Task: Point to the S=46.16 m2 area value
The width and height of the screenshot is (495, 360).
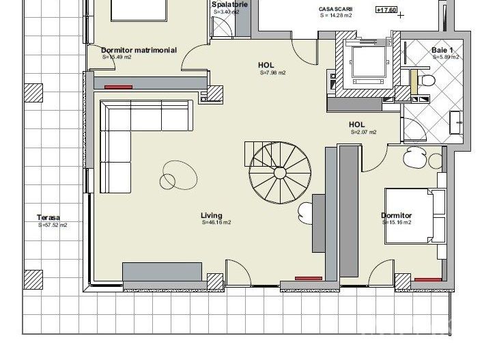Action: click(216, 223)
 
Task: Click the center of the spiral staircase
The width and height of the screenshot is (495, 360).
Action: click(279, 171)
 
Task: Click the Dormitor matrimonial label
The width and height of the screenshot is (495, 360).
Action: click(139, 50)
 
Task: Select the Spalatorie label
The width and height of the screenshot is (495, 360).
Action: click(229, 4)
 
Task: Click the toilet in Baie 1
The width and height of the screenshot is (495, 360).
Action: click(428, 81)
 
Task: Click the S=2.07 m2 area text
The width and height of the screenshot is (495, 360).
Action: click(364, 132)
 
